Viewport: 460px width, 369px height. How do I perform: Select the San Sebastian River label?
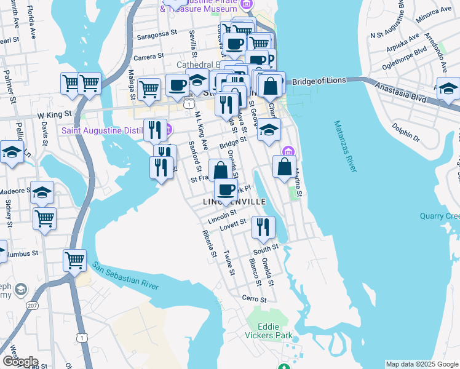click(x=125, y=276)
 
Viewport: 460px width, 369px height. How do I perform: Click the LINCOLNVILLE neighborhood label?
click(x=234, y=202)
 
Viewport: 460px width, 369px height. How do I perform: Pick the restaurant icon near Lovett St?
click(x=263, y=228)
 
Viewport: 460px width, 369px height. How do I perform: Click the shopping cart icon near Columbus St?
click(x=74, y=260)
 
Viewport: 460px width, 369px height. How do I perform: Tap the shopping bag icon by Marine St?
click(x=284, y=167)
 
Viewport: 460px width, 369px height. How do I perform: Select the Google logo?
click(x=20, y=362)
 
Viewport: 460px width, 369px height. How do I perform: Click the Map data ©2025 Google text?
click(x=421, y=364)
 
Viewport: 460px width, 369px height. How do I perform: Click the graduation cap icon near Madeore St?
click(x=42, y=193)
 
